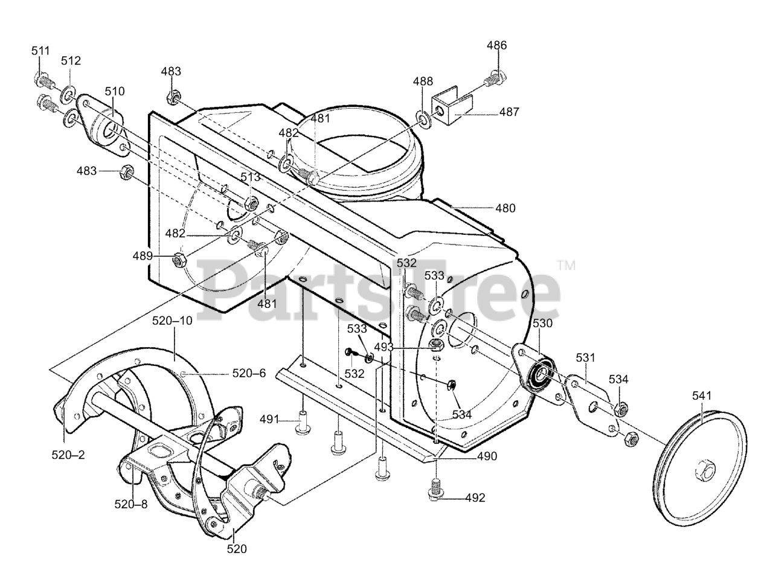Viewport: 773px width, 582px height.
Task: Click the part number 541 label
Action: point(701,396)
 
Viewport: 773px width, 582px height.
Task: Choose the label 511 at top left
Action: point(40,51)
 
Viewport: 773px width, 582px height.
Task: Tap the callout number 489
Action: point(143,255)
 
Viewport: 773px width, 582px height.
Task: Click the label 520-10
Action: point(172,321)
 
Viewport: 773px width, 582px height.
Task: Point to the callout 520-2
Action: point(68,455)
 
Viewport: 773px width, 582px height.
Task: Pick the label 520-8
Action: point(131,503)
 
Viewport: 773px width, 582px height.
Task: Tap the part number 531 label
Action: point(585,357)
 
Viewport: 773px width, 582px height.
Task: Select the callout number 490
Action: point(487,456)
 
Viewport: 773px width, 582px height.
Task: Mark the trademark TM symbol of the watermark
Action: point(566,264)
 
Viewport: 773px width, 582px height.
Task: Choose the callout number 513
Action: point(250,177)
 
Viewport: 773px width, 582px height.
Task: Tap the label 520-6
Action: point(249,373)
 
